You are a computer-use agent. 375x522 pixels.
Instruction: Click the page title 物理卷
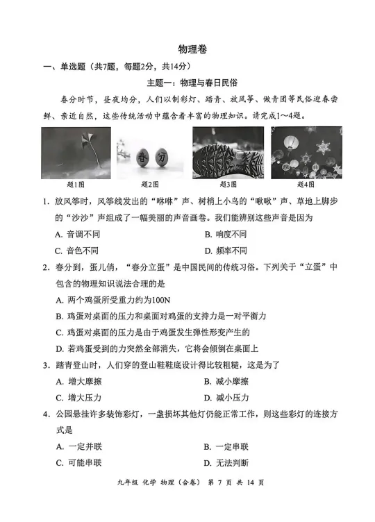pyautogui.click(x=187, y=49)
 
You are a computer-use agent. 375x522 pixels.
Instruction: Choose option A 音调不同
pyautogui.click(x=80, y=235)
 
